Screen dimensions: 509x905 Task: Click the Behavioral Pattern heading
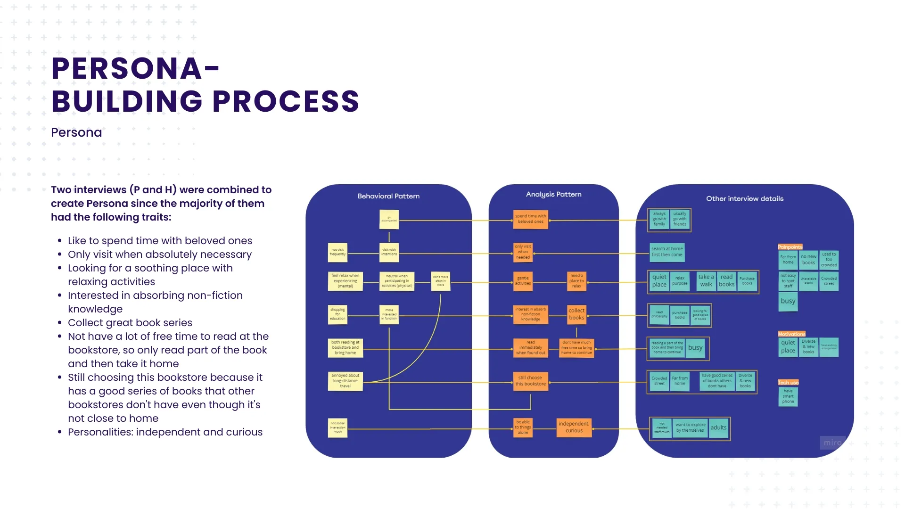(388, 196)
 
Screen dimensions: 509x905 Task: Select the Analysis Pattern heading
(553, 194)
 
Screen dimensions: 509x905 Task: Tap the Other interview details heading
(745, 198)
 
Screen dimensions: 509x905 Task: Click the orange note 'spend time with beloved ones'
(530, 219)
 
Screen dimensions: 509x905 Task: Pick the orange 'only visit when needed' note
(523, 252)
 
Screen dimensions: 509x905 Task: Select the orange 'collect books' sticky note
(576, 314)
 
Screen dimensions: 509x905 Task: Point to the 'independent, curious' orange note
(574, 427)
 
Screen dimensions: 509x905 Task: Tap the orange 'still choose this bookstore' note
(530, 381)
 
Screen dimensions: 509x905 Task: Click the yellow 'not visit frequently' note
(337, 252)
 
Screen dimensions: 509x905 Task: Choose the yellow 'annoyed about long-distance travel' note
(345, 381)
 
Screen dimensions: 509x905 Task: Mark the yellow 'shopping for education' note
(337, 314)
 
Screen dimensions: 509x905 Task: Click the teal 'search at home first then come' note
(667, 252)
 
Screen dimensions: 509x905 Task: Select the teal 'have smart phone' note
(788, 396)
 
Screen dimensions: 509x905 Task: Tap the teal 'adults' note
(718, 428)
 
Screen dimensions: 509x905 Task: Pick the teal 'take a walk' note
(706, 281)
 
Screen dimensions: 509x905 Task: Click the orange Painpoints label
(790, 247)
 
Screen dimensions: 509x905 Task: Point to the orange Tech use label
(788, 383)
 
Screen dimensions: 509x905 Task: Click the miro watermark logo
(832, 443)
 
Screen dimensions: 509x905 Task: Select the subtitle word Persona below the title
(76, 132)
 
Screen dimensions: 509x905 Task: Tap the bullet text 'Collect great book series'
(130, 323)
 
